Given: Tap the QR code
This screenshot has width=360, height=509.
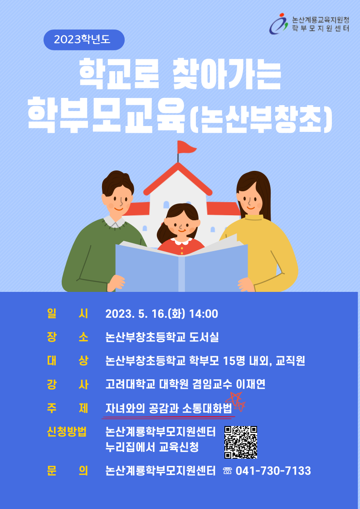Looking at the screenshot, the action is point(241,442).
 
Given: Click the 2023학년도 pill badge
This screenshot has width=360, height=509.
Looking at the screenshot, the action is point(84,39).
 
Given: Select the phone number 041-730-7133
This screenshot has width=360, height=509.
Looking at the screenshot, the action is point(273,470).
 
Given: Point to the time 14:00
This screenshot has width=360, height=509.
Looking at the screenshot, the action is point(204,314).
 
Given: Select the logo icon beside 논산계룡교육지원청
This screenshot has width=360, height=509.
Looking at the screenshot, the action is point(279,24).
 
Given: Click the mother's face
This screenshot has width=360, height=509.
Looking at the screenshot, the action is point(250,199).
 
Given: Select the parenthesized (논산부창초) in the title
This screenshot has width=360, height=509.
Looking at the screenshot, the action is point(260,120).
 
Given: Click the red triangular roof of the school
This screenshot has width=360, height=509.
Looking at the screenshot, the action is point(178,179).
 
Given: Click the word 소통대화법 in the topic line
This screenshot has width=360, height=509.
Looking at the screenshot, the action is point(207,408).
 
